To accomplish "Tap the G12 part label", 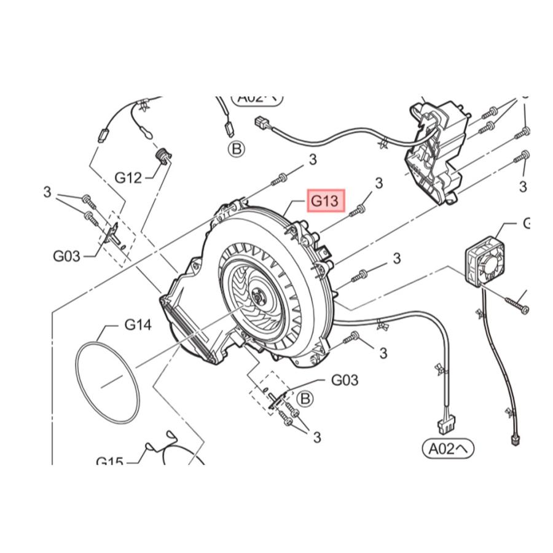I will pyautogui.click(x=128, y=178).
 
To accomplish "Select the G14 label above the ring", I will pyautogui.click(x=138, y=324).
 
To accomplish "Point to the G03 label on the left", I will pyautogui.click(x=66, y=255).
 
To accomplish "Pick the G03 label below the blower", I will pyautogui.click(x=344, y=380).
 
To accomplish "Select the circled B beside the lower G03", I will pyautogui.click(x=304, y=399).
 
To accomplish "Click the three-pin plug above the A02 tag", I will pyautogui.click(x=443, y=425).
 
